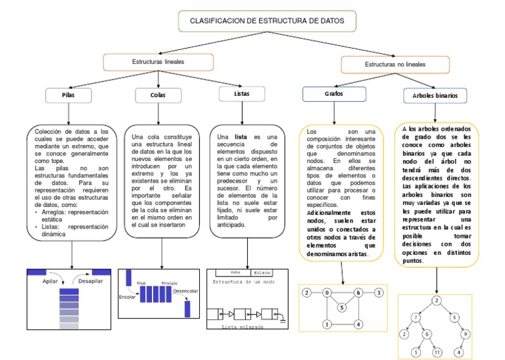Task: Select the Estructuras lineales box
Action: (x=158, y=62)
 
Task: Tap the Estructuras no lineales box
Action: (x=395, y=65)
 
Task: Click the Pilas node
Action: (x=68, y=95)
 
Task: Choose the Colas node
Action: (x=158, y=95)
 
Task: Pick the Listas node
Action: (x=241, y=94)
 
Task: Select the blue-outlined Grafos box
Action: (x=334, y=94)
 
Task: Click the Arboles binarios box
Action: (x=435, y=96)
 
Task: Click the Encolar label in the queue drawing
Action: (x=127, y=296)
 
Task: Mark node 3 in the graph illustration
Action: (x=379, y=293)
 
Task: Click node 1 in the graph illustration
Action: (x=325, y=324)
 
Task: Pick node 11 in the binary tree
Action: (x=437, y=352)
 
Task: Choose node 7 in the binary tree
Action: (x=415, y=318)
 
